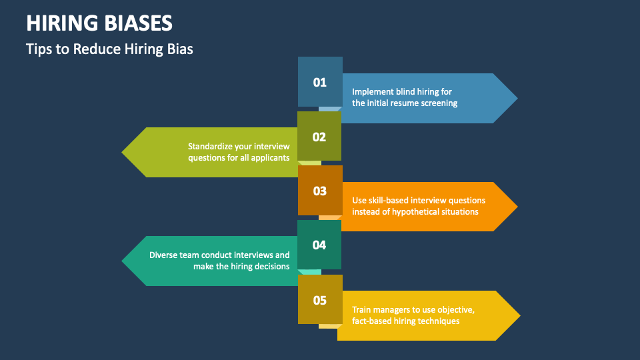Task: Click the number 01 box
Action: (320, 81)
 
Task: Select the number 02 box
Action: (319, 136)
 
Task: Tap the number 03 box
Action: (320, 190)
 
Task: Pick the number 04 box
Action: (319, 245)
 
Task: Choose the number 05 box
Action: (320, 299)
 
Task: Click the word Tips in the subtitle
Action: (39, 49)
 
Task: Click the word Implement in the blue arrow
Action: (372, 92)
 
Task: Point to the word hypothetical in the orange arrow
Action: (415, 212)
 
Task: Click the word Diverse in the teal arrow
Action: (163, 255)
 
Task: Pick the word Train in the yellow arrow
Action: (361, 310)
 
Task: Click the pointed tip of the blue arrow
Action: (517, 99)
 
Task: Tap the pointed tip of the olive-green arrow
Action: (121, 152)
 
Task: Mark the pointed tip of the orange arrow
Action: (517, 207)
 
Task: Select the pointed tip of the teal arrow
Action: (121, 261)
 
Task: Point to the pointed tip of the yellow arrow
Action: (520, 315)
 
